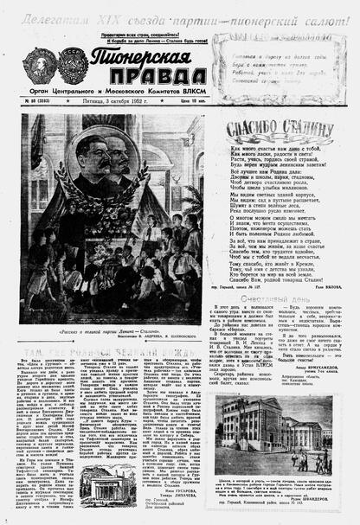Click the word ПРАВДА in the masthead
point(138,85)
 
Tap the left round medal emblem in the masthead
point(39,66)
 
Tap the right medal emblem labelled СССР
point(68,67)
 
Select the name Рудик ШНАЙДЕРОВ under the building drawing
point(327,496)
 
